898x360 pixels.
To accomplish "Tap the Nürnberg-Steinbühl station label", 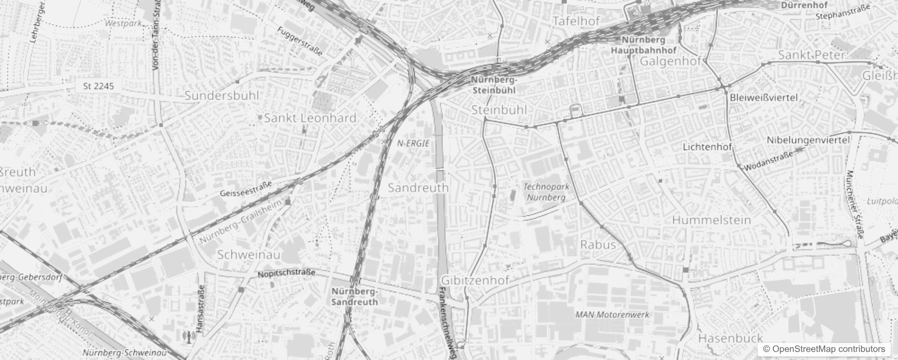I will [494, 85].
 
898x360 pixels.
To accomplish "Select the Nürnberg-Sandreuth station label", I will [355, 297].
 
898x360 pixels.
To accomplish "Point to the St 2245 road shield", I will [99, 86].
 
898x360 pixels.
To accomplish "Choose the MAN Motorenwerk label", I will [612, 315].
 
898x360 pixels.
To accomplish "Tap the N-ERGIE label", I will [413, 143].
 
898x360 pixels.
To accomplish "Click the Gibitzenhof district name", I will [475, 280].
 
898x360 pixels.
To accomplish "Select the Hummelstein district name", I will [711, 220].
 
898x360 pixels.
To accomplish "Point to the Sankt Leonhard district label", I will [310, 118].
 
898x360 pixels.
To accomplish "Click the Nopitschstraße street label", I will [286, 273].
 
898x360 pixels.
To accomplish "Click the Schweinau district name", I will [249, 255].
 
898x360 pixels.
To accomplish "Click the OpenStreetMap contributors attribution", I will [823, 349].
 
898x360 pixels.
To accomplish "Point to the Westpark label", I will [123, 23].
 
